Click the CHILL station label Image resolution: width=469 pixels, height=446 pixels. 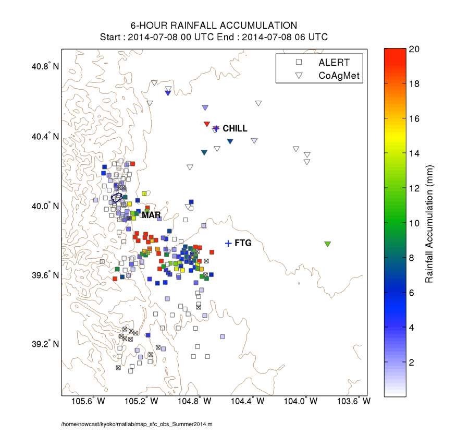(235, 128)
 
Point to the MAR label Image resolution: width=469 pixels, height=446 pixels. (151, 214)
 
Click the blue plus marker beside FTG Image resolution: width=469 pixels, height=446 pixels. (228, 243)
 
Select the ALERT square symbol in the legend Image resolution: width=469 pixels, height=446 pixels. (299, 63)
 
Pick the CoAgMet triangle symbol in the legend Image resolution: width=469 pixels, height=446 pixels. (299, 76)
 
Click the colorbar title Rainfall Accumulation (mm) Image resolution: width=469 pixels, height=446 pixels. (429, 224)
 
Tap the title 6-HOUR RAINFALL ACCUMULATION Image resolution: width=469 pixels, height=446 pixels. (214, 26)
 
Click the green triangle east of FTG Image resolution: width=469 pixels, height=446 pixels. (328, 244)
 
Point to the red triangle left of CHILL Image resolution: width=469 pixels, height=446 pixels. (207, 124)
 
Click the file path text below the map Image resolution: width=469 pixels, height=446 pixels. (137, 425)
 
